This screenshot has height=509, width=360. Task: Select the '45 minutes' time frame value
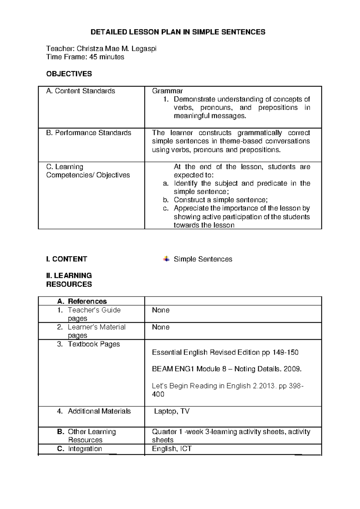point(106,57)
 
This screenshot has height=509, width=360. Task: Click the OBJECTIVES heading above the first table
point(69,74)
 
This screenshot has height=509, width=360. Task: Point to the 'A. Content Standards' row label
point(80,91)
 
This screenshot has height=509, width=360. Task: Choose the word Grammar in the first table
point(167,91)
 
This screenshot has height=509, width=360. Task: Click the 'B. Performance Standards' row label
point(88,133)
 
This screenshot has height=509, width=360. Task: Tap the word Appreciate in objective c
point(191,208)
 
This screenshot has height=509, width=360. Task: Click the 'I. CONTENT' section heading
point(67,259)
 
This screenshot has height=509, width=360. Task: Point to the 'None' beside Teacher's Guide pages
point(161,310)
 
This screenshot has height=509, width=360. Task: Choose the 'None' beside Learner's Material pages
point(161,327)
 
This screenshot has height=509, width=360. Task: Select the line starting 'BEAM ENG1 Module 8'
point(226,369)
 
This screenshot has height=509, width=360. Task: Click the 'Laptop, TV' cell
point(172,411)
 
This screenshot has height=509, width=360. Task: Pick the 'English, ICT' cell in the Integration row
point(172,449)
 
